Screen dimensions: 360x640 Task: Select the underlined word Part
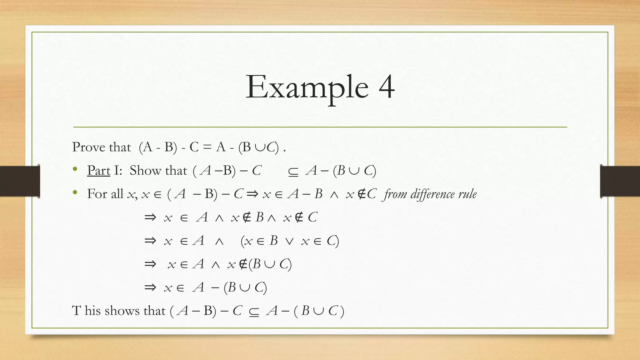[x=98, y=171]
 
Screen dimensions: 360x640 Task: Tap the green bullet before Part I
[x=75, y=169]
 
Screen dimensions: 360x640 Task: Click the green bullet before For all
[x=75, y=192]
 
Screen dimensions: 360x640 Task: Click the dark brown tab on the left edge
[x=20, y=181]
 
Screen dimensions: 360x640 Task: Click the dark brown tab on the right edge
[x=620, y=181]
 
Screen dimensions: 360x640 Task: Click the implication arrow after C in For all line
[x=252, y=194]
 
